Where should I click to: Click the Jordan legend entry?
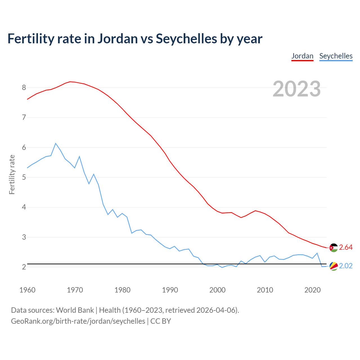(302, 56)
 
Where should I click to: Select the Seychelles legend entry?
(336, 56)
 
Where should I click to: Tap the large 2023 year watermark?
(297, 89)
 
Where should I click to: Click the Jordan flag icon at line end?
(334, 247)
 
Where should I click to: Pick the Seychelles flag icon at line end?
(334, 266)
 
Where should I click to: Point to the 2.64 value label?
(346, 247)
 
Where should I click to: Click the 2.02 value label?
(346, 266)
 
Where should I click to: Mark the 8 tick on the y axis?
(24, 87)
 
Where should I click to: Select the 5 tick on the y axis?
(24, 177)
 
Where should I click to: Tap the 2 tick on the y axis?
(24, 267)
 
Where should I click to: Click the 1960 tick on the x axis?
(27, 290)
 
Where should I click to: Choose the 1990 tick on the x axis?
(170, 290)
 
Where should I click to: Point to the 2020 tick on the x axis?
(312, 290)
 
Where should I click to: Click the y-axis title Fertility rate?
(12, 174)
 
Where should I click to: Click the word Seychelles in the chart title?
(186, 39)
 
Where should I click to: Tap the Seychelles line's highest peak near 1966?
(56, 143)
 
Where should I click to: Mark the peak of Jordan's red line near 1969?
(70, 82)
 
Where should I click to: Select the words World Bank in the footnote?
(75, 310)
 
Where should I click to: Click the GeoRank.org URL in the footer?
(78, 321)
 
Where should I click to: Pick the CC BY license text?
(161, 321)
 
